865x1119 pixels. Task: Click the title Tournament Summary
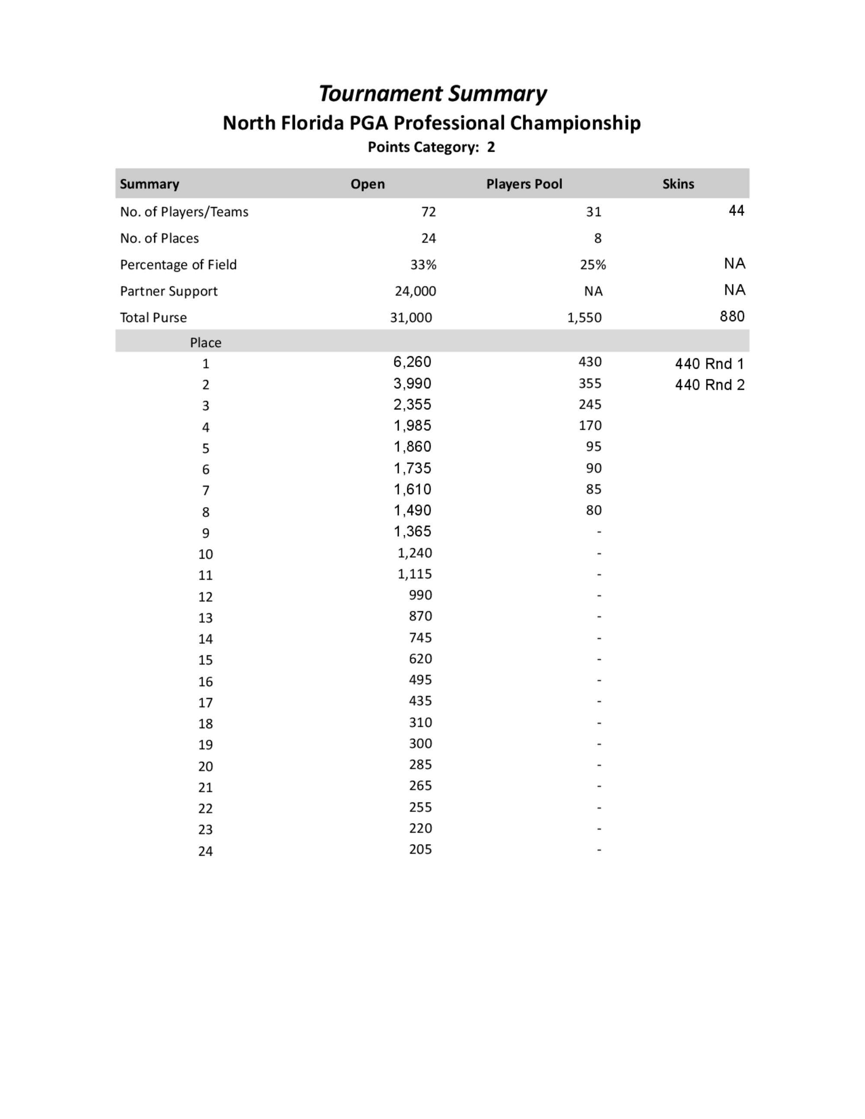(432, 94)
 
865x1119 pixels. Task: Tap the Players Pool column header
(524, 184)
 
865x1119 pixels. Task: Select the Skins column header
(678, 184)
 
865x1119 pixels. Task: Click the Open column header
(368, 184)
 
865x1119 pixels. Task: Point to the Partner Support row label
(169, 291)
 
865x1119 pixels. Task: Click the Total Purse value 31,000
(411, 318)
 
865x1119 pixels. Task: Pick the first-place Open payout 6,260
(412, 362)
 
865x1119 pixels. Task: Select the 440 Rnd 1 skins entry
(709, 364)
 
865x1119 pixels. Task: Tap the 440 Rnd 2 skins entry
(709, 385)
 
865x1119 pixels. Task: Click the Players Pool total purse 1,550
(584, 318)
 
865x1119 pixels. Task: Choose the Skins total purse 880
(732, 316)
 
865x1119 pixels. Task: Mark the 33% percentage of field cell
(423, 265)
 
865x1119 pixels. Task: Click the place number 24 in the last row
(205, 851)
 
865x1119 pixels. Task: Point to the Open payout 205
(420, 849)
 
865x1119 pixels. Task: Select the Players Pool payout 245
(590, 404)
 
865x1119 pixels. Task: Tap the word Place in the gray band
(205, 342)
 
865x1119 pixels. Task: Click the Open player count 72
(429, 211)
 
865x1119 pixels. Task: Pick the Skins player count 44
(737, 211)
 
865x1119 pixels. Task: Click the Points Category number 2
(491, 147)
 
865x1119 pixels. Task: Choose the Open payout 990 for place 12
(420, 595)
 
